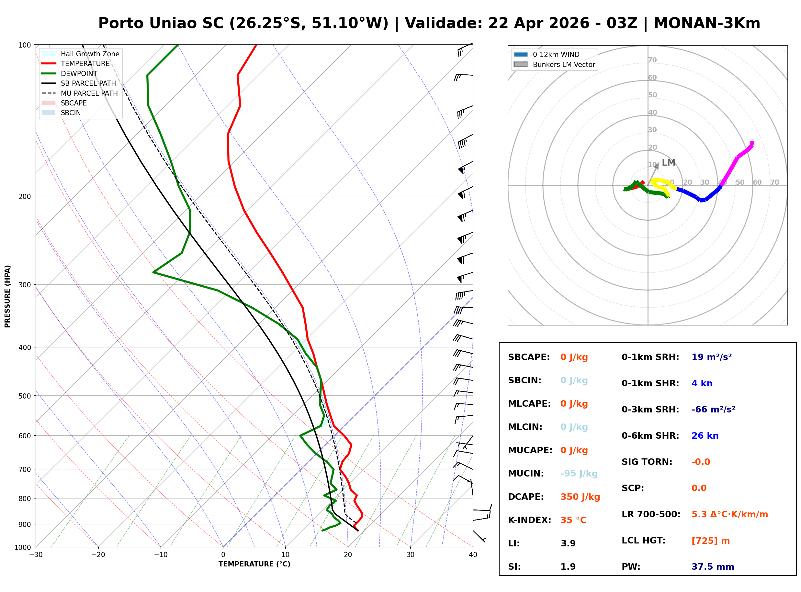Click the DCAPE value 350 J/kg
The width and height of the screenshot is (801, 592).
pos(580,497)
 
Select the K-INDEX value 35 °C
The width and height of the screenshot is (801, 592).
pos(573,520)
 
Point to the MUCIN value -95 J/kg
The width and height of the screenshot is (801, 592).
pos(579,473)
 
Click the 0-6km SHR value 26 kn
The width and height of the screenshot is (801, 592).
pos(705,436)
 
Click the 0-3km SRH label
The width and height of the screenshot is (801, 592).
pos(650,409)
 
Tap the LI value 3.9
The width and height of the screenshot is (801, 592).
pos(568,543)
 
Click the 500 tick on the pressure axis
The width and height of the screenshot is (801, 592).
pos(24,396)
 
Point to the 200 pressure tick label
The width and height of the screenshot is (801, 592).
pos(24,196)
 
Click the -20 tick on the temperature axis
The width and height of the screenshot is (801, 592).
pos(98,555)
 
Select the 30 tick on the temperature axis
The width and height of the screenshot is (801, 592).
pos(410,555)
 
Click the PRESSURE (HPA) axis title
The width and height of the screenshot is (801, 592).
pos(7,296)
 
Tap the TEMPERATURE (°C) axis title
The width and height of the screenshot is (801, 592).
pos(254,564)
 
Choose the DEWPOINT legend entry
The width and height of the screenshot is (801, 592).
pos(79,73)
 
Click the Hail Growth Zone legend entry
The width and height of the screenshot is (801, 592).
pos(90,54)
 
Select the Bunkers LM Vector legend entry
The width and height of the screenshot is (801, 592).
pos(564,64)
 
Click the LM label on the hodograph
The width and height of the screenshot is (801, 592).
pos(668,163)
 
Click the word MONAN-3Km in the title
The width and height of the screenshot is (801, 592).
pos(707,23)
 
